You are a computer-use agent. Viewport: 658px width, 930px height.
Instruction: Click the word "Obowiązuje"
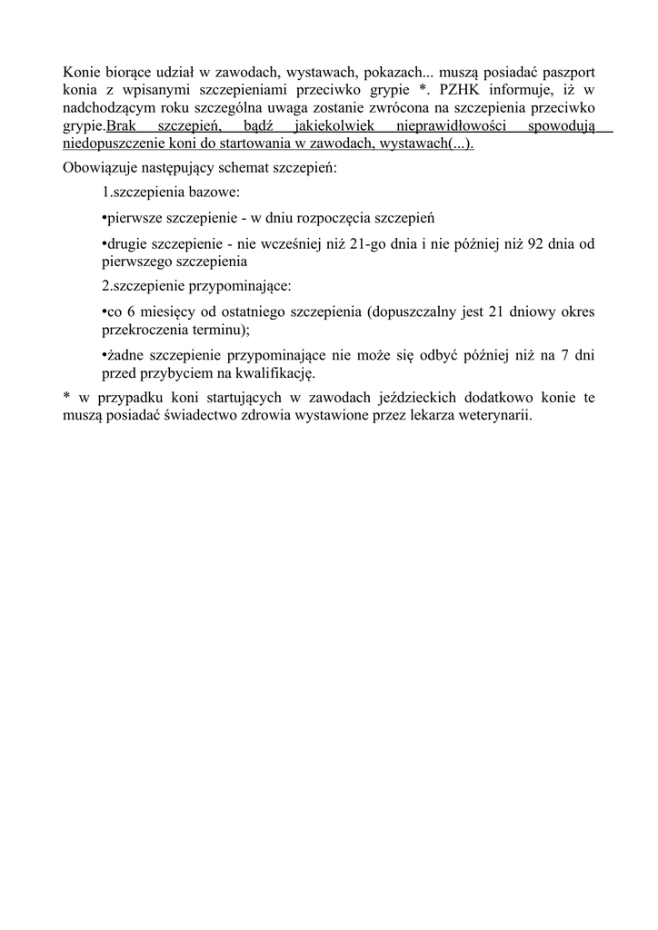98,168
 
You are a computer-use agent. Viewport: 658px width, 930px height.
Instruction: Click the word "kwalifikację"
273,372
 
